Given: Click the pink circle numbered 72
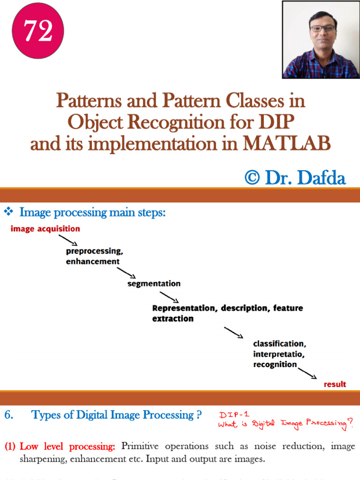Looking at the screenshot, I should [37, 32].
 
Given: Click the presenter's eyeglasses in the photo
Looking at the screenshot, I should [322, 28].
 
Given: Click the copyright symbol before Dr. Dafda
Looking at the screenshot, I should [252, 178].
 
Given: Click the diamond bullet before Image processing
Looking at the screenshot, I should [9, 212].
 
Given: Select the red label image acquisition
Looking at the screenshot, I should [45, 229].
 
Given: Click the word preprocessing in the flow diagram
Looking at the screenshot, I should [94, 251].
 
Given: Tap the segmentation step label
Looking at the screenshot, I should [154, 284].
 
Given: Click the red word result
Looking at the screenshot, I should [335, 384].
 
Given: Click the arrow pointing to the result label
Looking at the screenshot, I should [307, 373].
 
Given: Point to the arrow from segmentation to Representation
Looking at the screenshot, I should [169, 297].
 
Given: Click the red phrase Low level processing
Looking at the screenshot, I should [67, 446].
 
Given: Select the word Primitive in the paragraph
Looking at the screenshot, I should [140, 446].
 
